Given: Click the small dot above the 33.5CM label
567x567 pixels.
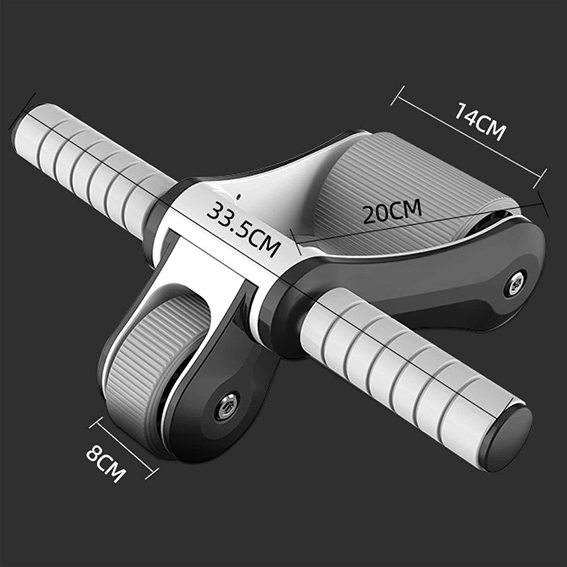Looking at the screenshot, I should click(x=238, y=196).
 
